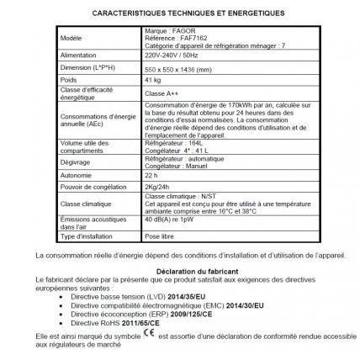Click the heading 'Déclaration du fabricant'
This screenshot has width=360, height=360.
click(180, 269)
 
